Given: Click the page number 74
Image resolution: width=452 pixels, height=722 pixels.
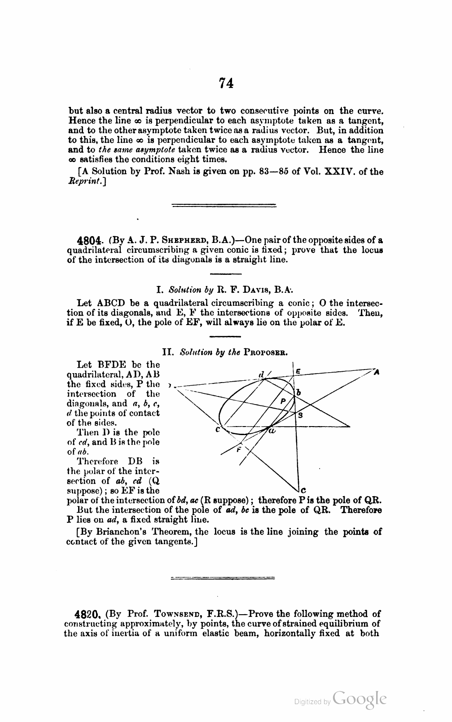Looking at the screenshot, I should click(226, 84).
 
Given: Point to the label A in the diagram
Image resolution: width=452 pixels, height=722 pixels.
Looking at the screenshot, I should click(377, 372).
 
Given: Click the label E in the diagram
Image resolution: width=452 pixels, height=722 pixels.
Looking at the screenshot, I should click(298, 371).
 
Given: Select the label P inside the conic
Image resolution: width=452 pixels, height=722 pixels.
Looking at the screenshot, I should click(283, 401).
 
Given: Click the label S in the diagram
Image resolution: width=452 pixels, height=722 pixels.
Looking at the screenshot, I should click(300, 415).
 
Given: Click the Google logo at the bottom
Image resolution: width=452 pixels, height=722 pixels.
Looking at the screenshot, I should click(360, 699).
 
